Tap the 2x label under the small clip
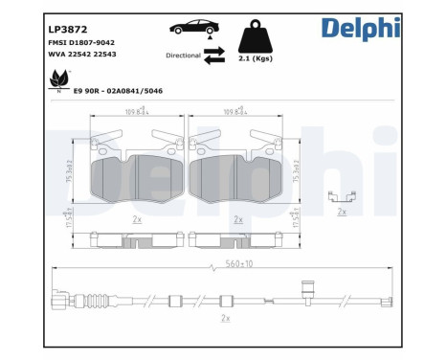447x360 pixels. click(342, 213)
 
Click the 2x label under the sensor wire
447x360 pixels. click(224, 317)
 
